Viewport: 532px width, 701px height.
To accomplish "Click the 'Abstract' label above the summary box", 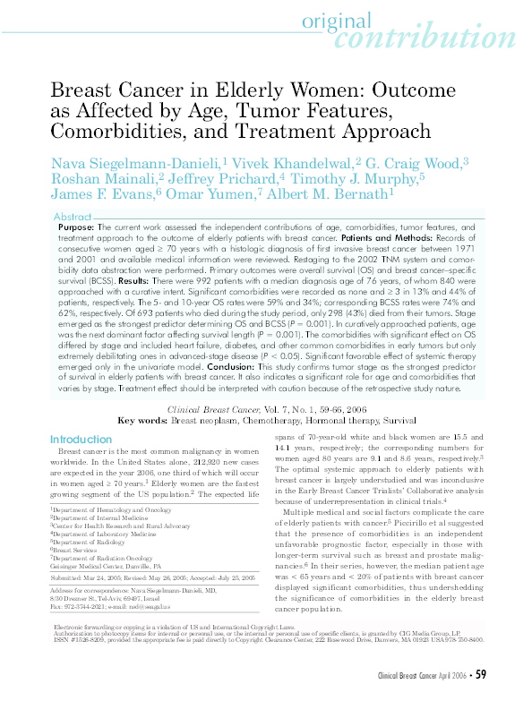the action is click(x=73, y=218).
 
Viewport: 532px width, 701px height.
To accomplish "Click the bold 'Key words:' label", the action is click(x=143, y=419).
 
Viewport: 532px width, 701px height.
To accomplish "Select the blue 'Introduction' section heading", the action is click(x=82, y=440).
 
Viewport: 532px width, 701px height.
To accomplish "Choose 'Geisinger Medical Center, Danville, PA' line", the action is click(x=106, y=567).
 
